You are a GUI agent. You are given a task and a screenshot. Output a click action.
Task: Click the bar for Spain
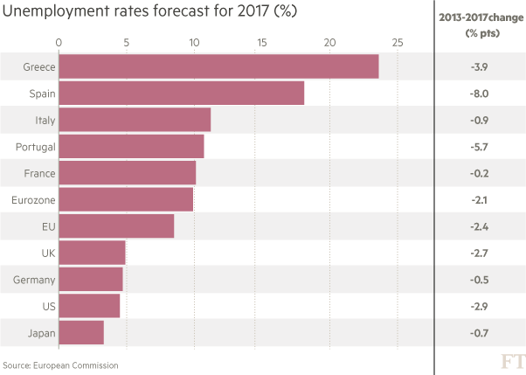coord(181,93)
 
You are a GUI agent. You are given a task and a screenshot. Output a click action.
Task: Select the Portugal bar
coord(131,146)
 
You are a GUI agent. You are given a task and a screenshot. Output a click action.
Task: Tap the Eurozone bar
coord(126,199)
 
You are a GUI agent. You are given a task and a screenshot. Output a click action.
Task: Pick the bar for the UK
coord(93,253)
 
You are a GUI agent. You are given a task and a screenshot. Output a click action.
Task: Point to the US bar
coord(89,306)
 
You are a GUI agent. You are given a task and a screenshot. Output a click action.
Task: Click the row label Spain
coord(42,93)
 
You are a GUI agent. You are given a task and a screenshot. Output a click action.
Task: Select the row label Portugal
coord(36,147)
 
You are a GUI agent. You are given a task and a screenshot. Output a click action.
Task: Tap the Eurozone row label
coord(33,200)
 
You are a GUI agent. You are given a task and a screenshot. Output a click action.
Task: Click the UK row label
coord(48,253)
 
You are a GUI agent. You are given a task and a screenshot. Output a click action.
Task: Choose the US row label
coord(49,307)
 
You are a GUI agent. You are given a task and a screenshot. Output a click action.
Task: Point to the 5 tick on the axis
coord(126,41)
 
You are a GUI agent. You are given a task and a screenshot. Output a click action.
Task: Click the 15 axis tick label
coord(261,41)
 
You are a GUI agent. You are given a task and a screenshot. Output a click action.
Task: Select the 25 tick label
coord(397,41)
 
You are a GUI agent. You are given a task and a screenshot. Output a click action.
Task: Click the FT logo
coord(512,361)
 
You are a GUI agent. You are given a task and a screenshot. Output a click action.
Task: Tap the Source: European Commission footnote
coord(59,365)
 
